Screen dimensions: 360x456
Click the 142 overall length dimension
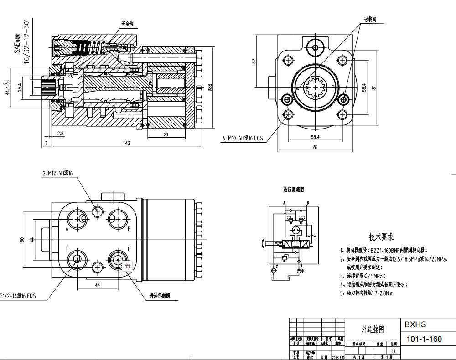(126, 143)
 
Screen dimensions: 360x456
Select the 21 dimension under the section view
(166, 134)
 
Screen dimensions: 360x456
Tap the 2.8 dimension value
(61, 134)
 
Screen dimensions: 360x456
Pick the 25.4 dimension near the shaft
(20, 87)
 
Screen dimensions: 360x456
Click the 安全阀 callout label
(127, 23)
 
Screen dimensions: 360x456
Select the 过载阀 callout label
(370, 20)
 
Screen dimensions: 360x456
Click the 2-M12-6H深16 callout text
(58, 173)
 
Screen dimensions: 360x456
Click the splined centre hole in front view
(315, 87)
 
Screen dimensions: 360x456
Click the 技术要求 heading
(381, 237)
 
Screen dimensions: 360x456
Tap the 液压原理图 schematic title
(293, 189)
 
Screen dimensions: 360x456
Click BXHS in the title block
(415, 325)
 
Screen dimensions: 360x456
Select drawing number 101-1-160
(424, 339)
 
